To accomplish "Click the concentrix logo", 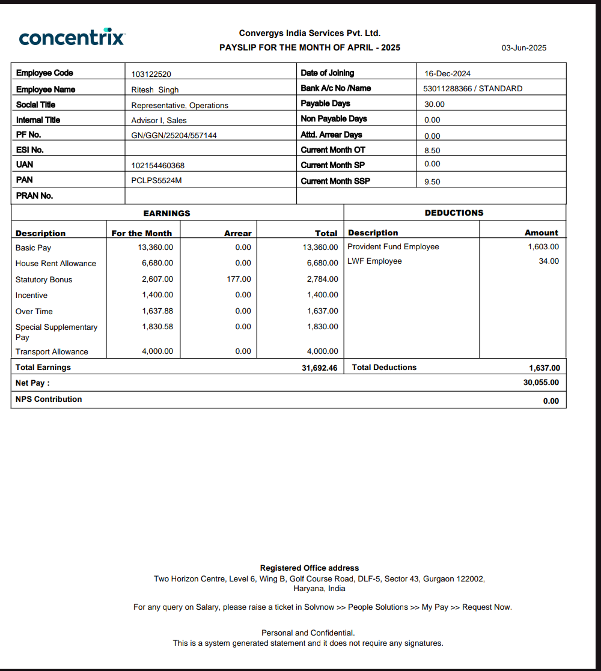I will tap(72, 37).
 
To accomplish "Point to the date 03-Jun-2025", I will tap(524, 48).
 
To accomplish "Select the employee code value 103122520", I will tap(151, 74).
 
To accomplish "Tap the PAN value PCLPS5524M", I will tap(156, 180).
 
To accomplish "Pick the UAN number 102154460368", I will tap(158, 165).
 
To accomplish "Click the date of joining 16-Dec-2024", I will tap(447, 74).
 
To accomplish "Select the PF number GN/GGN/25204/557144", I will tap(174, 136).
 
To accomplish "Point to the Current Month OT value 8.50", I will tap(432, 151).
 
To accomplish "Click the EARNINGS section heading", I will tap(166, 213).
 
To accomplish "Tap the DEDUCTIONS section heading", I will tap(454, 213).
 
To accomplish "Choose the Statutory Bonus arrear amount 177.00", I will tap(239, 279).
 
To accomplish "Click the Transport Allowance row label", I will tap(52, 352).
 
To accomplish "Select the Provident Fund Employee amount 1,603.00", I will tap(543, 247).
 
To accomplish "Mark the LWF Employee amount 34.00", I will tap(549, 261).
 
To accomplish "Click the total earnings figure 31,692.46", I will tap(319, 368).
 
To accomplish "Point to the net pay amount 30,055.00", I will tap(541, 383).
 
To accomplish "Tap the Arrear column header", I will tap(238, 233).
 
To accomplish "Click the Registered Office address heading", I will tap(309, 568).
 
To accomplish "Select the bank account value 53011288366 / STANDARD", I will tap(473, 89).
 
